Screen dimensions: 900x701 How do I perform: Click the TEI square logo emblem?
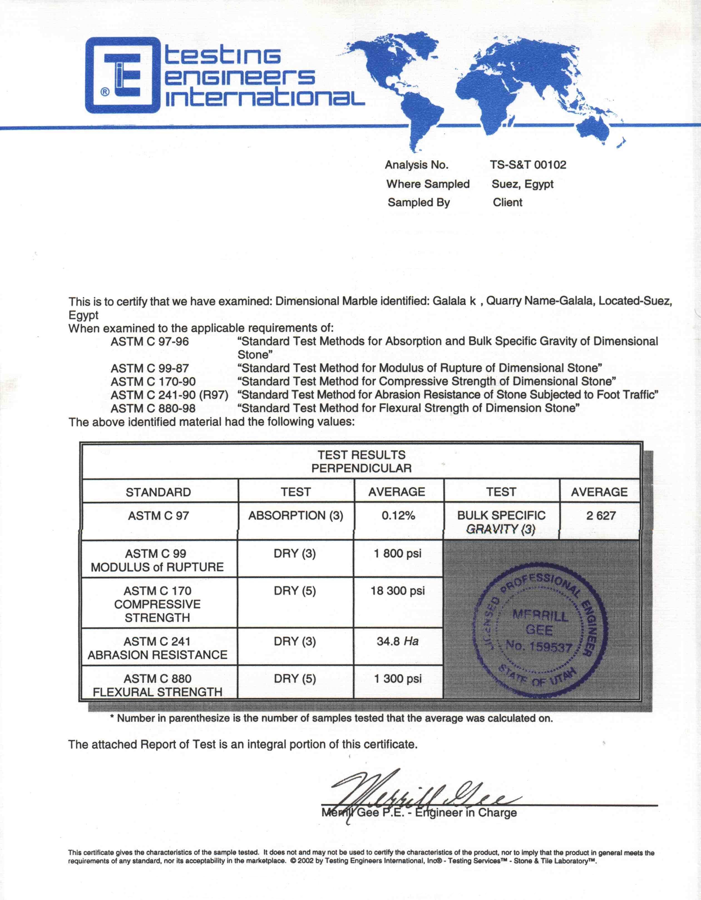pyautogui.click(x=122, y=75)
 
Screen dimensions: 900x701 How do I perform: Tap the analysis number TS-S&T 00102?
pyautogui.click(x=528, y=165)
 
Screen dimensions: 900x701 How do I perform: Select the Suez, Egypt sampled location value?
pyautogui.click(x=522, y=184)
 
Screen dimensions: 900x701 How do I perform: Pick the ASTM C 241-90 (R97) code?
pyautogui.click(x=169, y=395)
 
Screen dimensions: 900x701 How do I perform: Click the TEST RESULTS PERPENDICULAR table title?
pyautogui.click(x=361, y=462)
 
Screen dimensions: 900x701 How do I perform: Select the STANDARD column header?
pyautogui.click(x=158, y=492)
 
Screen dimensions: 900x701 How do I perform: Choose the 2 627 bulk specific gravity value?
pyautogui.click(x=601, y=515)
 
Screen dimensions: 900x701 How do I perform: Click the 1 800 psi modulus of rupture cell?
pyautogui.click(x=398, y=554)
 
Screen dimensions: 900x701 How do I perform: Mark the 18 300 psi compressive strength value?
pyautogui.click(x=398, y=591)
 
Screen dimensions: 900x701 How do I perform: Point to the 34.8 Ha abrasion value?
pyautogui.click(x=398, y=641)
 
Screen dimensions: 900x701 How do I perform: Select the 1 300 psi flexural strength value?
pyautogui.click(x=398, y=679)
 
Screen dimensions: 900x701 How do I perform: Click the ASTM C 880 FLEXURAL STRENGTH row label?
pyautogui.click(x=157, y=685)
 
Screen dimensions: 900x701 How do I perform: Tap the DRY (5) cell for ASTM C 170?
pyautogui.click(x=295, y=591)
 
